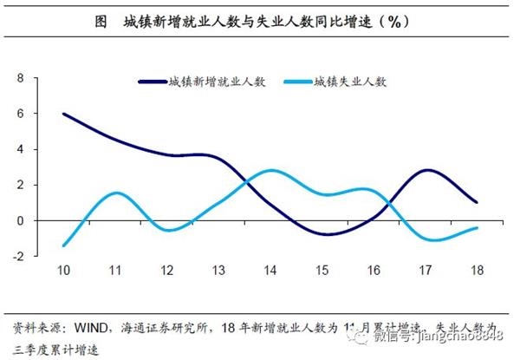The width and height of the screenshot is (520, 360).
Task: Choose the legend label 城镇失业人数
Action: (x=349, y=82)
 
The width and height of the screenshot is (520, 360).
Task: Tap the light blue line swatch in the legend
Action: (x=292, y=82)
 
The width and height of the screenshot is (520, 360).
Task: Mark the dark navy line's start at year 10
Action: (x=64, y=114)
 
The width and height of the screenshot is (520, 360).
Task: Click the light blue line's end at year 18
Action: (x=477, y=228)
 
